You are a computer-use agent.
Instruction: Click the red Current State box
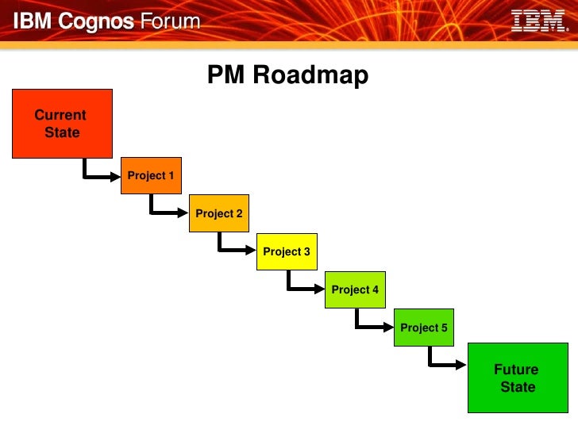(x=62, y=123)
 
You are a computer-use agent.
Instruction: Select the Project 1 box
(x=151, y=175)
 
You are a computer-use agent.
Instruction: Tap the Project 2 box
(x=219, y=213)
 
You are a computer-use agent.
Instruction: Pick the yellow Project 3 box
(x=287, y=251)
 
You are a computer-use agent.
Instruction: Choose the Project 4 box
(x=355, y=289)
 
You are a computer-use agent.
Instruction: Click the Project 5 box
(x=424, y=328)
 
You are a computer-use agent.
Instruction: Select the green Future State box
(x=517, y=377)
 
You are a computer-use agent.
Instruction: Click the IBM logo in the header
(x=538, y=21)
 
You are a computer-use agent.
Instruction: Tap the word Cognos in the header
(x=96, y=21)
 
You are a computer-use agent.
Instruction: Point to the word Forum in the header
(x=170, y=21)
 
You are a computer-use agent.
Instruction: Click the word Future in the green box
(x=516, y=370)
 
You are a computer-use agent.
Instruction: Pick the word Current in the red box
(x=60, y=115)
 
